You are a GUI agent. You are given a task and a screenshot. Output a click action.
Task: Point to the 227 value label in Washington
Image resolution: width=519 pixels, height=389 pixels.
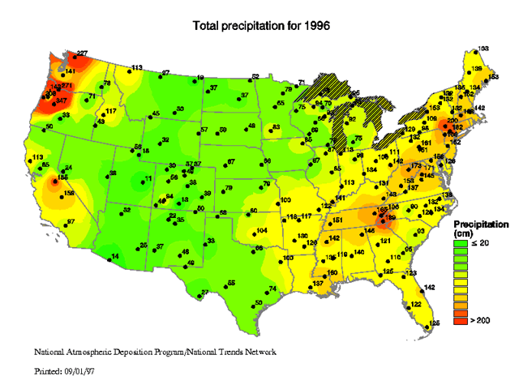(81, 54)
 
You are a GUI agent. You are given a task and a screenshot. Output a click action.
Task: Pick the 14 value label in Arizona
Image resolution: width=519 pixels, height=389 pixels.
(114, 256)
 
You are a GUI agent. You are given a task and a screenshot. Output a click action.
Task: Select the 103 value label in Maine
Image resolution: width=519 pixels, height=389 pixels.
(483, 49)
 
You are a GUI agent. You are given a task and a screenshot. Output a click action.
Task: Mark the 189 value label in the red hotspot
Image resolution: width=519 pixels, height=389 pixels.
(391, 217)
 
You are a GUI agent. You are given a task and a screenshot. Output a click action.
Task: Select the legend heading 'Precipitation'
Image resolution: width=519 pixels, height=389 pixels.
(481, 223)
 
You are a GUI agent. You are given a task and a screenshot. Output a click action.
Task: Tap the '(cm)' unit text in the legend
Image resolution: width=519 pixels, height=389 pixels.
(463, 233)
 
